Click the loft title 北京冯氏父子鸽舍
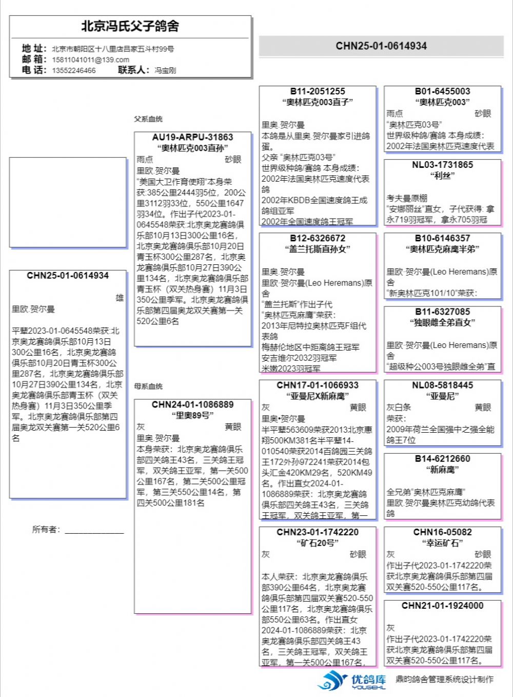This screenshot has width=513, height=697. tap(130, 26)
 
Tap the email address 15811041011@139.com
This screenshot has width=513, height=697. tap(90, 60)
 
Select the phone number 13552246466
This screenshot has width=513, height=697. tap(73, 70)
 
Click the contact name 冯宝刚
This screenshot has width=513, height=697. tap(165, 70)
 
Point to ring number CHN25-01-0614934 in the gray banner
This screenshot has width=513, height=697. tap(381, 46)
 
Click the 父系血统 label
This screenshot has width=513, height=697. tap(148, 119)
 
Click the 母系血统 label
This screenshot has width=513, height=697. tap(148, 386)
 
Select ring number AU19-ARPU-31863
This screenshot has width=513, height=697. tap(192, 138)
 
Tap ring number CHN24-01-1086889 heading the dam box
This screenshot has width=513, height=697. tap(192, 405)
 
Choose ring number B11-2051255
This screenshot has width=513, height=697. tap(318, 91)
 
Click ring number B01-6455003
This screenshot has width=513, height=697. tap(442, 91)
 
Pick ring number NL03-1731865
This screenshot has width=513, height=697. tap(442, 165)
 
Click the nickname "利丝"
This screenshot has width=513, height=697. tap(442, 176)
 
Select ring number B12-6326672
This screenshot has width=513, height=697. tap(318, 238)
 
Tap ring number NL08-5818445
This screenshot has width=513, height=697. tap(442, 385)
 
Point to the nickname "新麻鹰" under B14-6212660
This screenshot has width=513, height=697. tap(442, 470)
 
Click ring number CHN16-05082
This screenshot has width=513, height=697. tap(442, 532)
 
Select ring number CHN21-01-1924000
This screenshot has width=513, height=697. tap(442, 606)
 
